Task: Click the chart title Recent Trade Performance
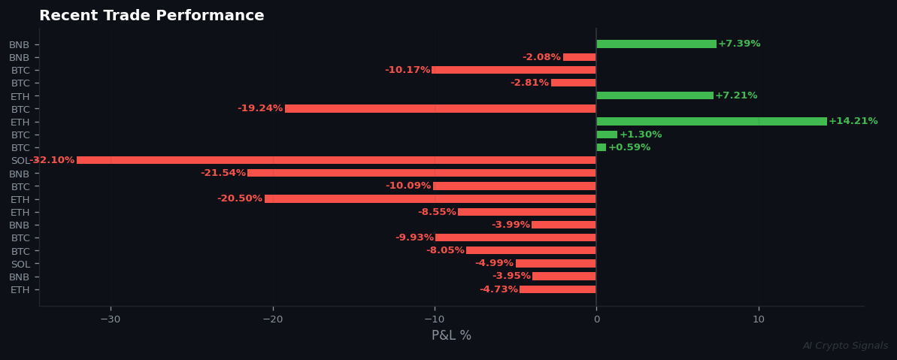(151, 16)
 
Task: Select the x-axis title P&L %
(451, 335)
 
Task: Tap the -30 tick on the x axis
(111, 319)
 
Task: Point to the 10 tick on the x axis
(759, 319)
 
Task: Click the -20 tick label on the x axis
(272, 319)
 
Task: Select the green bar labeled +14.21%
(711, 122)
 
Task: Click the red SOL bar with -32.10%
(336, 160)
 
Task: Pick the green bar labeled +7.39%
(656, 44)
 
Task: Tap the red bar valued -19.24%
(441, 109)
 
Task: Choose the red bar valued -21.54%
(422, 174)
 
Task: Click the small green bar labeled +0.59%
(601, 147)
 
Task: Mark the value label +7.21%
(736, 96)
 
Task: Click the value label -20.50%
(240, 199)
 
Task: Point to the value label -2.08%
(541, 57)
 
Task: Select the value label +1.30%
(641, 135)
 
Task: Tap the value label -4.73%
(499, 289)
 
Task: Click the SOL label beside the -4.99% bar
(20, 264)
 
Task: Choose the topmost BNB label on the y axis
(19, 44)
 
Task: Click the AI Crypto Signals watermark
(845, 346)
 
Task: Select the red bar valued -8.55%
(526, 212)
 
